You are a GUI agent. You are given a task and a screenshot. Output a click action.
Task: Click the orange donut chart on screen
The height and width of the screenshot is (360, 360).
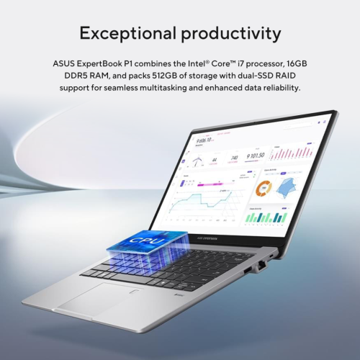point(263,191)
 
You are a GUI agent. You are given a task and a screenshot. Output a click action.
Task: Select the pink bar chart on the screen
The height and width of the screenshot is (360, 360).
point(291,153)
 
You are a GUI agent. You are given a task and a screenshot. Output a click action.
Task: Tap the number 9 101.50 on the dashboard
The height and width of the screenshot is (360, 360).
point(256,156)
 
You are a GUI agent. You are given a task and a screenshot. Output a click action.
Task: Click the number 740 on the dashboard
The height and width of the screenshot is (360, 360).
point(233,158)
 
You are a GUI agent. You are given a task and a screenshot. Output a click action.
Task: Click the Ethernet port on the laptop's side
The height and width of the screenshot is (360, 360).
point(261,265)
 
